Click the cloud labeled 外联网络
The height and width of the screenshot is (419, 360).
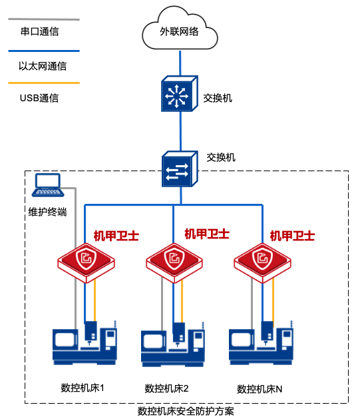click(x=180, y=29)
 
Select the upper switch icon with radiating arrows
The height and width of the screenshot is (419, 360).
click(x=179, y=93)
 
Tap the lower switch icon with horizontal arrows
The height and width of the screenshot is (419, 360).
click(x=180, y=169)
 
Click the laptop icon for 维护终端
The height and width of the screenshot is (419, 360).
click(x=48, y=185)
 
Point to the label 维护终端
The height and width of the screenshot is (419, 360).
click(x=47, y=212)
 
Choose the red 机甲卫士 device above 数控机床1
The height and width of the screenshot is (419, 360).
click(x=86, y=263)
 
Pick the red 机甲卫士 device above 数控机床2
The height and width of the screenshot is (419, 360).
click(x=174, y=263)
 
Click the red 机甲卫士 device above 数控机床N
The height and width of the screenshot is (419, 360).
click(x=262, y=263)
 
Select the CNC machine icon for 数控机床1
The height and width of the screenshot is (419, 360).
click(x=85, y=343)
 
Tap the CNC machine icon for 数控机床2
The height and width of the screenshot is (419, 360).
click(x=173, y=344)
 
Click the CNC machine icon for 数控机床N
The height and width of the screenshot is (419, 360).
click(x=261, y=343)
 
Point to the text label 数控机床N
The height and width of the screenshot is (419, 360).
click(x=260, y=389)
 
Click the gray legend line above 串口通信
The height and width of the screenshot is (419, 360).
click(x=44, y=19)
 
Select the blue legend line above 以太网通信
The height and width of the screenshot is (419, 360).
click(x=44, y=51)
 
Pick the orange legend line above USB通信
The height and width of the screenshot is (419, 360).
click(x=44, y=83)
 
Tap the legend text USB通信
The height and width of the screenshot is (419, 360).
click(x=39, y=98)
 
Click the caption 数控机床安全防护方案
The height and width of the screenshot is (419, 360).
click(x=186, y=411)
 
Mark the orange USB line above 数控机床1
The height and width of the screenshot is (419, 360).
click(x=94, y=300)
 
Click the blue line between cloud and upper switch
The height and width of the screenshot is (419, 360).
click(x=180, y=63)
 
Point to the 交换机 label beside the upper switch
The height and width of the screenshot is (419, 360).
click(x=218, y=99)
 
